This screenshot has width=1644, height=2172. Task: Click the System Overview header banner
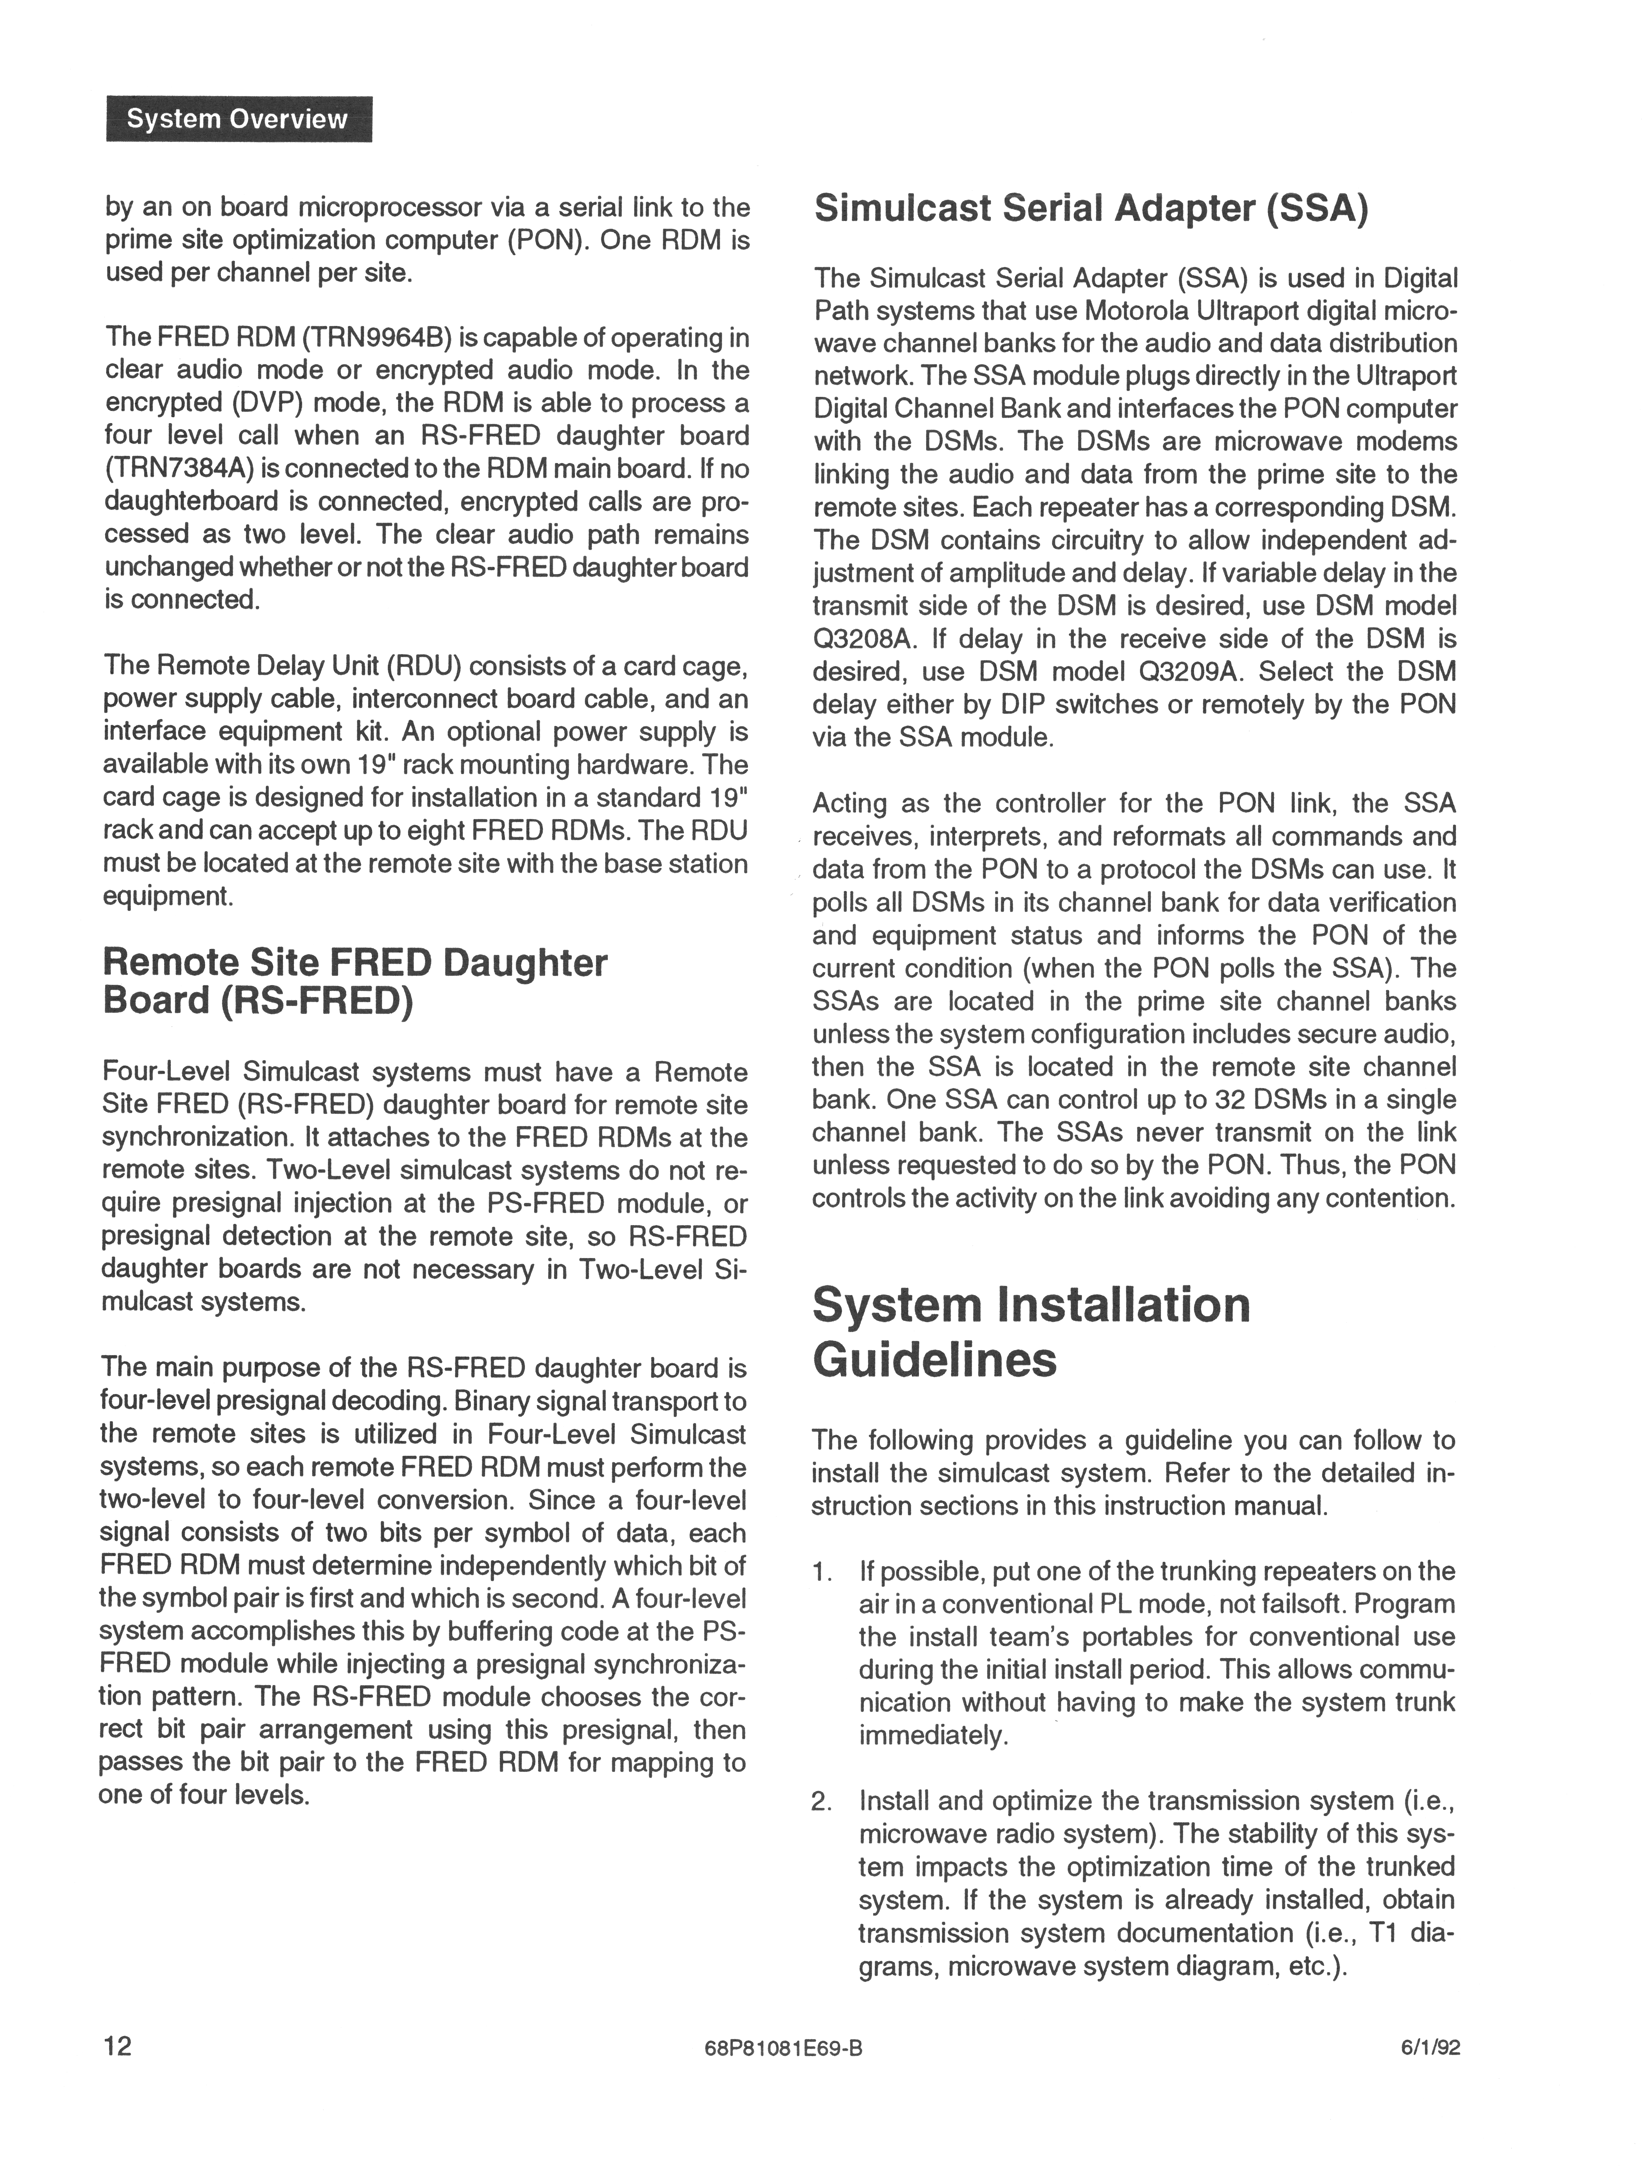pyautogui.click(x=238, y=119)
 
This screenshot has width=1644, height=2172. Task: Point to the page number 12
pyautogui.click(x=118, y=2045)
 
